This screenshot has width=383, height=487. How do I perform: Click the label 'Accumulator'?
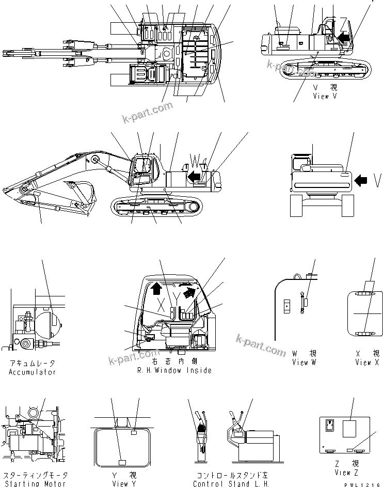(32, 372)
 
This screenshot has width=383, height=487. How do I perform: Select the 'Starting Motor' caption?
(35, 483)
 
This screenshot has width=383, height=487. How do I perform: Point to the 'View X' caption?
(367, 363)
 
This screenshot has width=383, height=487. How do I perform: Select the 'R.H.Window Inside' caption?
(174, 371)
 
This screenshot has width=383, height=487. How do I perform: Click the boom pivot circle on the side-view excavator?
(95, 161)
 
